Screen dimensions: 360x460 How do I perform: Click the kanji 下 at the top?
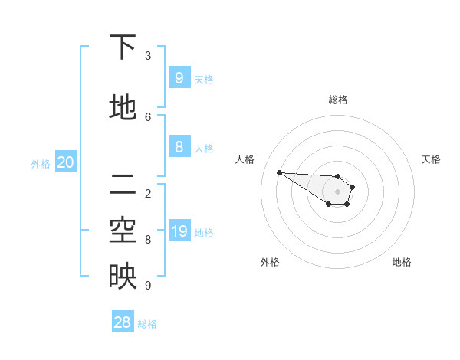point(123,47)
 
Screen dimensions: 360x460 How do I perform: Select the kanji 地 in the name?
point(123,107)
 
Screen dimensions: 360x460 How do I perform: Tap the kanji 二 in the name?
point(123,184)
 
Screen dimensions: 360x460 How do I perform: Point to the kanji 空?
point(123,231)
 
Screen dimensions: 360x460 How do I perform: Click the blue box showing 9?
point(179,77)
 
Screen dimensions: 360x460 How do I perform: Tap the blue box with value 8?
point(179,146)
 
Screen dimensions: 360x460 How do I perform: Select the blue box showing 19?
point(179,231)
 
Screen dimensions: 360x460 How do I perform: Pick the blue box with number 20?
point(66,162)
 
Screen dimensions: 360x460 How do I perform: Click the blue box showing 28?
point(123,322)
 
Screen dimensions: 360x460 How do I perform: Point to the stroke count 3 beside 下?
point(148,55)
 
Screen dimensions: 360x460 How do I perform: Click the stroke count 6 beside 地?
point(148,116)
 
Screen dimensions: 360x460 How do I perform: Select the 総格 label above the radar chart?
point(337,100)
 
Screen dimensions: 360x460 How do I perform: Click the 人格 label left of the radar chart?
point(245,159)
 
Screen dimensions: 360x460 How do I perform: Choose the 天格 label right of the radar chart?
point(431,159)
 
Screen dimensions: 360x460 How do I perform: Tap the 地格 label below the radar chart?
point(402,262)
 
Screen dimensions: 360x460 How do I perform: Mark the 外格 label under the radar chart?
point(270,262)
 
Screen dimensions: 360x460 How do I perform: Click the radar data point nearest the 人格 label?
point(279,172)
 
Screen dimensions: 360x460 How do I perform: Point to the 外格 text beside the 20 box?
point(41,163)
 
